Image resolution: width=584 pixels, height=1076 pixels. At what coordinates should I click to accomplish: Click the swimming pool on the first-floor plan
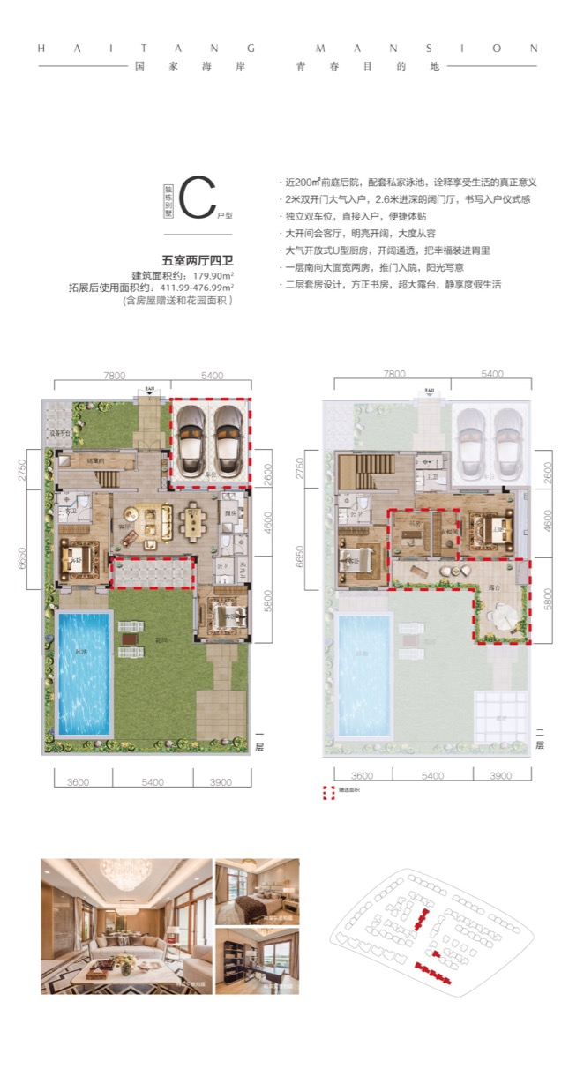click(x=84, y=675)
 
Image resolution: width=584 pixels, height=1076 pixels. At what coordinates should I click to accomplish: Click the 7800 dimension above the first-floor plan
click(x=112, y=375)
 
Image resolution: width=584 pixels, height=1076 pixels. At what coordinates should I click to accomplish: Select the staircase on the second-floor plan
click(x=363, y=466)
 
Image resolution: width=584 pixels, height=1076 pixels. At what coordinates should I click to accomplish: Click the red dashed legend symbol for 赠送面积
click(x=329, y=791)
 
